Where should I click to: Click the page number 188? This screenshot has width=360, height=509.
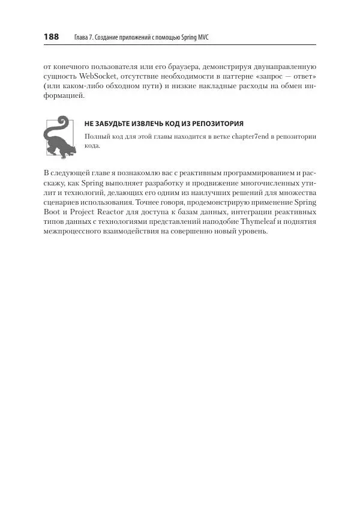tap(51, 37)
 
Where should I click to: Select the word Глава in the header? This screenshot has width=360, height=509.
tap(81, 38)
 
